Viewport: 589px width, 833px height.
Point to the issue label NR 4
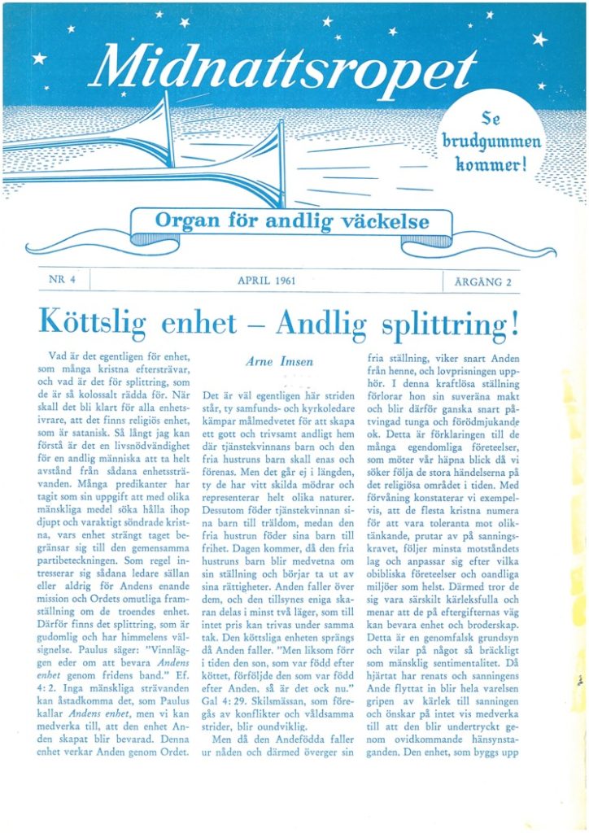pyautogui.click(x=62, y=280)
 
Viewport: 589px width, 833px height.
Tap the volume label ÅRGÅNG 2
pyautogui.click(x=481, y=281)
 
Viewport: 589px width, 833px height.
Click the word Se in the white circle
pyautogui.click(x=491, y=120)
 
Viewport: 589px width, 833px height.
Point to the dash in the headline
pyautogui.click(x=252, y=324)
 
